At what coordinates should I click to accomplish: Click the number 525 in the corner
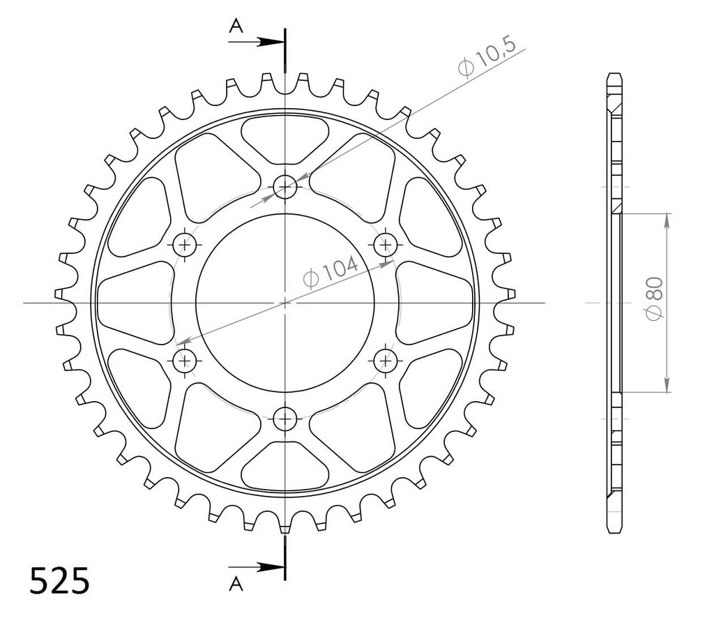tap(60, 581)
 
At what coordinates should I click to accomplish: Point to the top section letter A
tap(236, 27)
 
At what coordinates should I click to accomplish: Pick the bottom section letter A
tap(236, 584)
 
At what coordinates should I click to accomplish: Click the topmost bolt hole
tap(285, 186)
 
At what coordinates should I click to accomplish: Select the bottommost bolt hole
tap(285, 419)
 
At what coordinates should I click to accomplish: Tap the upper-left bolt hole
tap(184, 245)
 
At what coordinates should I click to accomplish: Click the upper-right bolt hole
tap(385, 245)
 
